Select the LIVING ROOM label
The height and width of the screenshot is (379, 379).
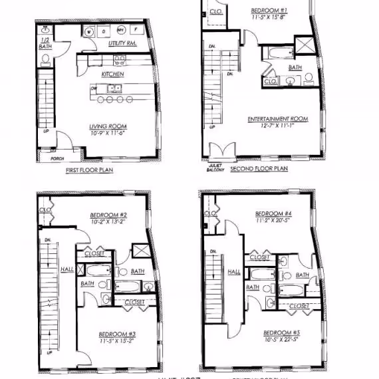click(108, 126)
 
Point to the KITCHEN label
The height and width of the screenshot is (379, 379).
click(112, 74)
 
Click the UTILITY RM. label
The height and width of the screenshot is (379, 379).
click(122, 44)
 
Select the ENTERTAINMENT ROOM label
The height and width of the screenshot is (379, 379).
click(278, 119)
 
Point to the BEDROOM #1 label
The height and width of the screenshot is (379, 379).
click(269, 11)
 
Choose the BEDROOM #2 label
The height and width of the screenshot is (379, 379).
click(108, 215)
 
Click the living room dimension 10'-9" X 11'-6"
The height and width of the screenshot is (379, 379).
click(108, 134)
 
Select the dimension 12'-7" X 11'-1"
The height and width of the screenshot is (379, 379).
click(278, 126)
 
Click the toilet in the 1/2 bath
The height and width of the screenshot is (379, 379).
click(46, 60)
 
